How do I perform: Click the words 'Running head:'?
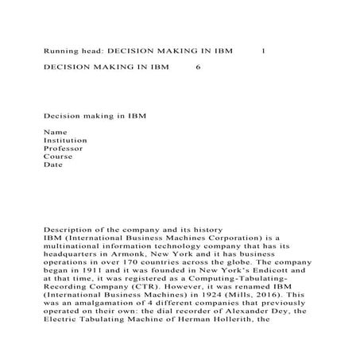[68, 50]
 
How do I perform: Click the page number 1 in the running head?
[263, 50]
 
